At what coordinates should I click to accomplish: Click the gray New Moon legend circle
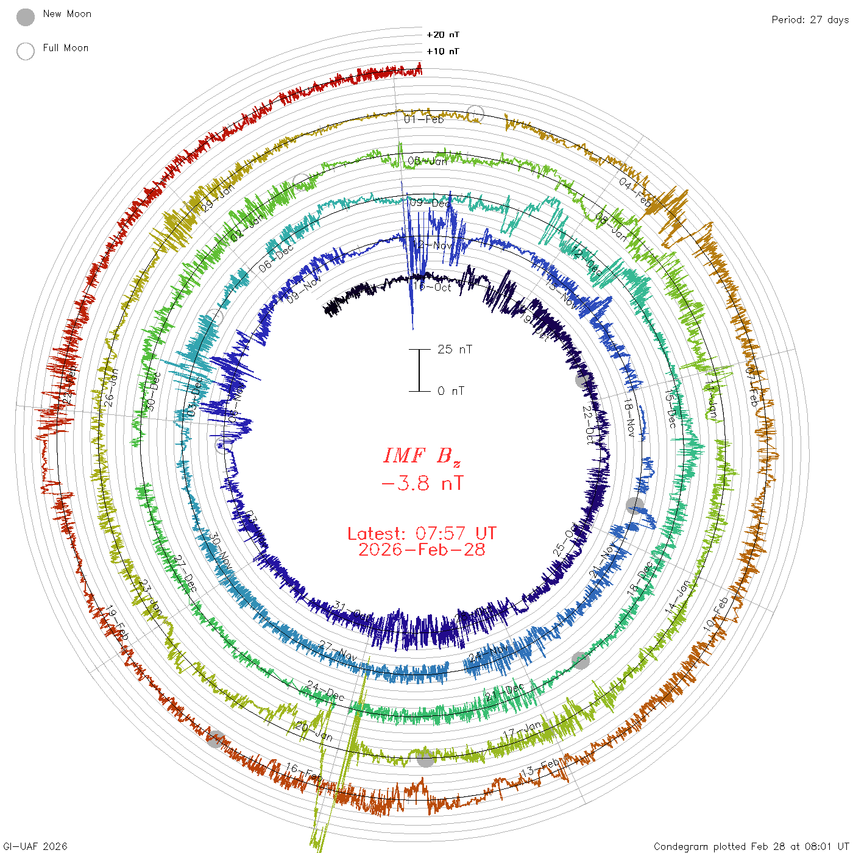click(x=26, y=17)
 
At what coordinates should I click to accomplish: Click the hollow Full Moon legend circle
click(x=26, y=51)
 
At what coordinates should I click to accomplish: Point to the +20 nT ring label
click(x=443, y=35)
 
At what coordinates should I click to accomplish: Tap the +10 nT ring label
click(x=443, y=51)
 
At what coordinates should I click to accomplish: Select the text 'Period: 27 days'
click(x=810, y=19)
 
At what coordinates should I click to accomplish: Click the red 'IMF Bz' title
click(x=422, y=456)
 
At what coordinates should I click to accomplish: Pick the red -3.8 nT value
click(x=422, y=484)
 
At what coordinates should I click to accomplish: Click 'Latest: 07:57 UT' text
click(x=422, y=534)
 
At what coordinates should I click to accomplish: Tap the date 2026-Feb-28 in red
click(x=422, y=550)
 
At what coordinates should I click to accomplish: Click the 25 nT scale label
click(x=455, y=349)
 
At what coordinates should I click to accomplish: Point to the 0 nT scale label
click(x=451, y=391)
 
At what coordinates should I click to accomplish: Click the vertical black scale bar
click(x=419, y=370)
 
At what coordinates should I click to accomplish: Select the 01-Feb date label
click(x=424, y=119)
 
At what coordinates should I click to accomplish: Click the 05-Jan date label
click(x=427, y=161)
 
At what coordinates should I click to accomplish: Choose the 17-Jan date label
click(x=523, y=730)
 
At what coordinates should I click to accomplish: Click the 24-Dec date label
click(x=325, y=691)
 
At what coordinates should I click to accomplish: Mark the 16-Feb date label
click(x=303, y=773)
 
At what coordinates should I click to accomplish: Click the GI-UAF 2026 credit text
click(x=35, y=846)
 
